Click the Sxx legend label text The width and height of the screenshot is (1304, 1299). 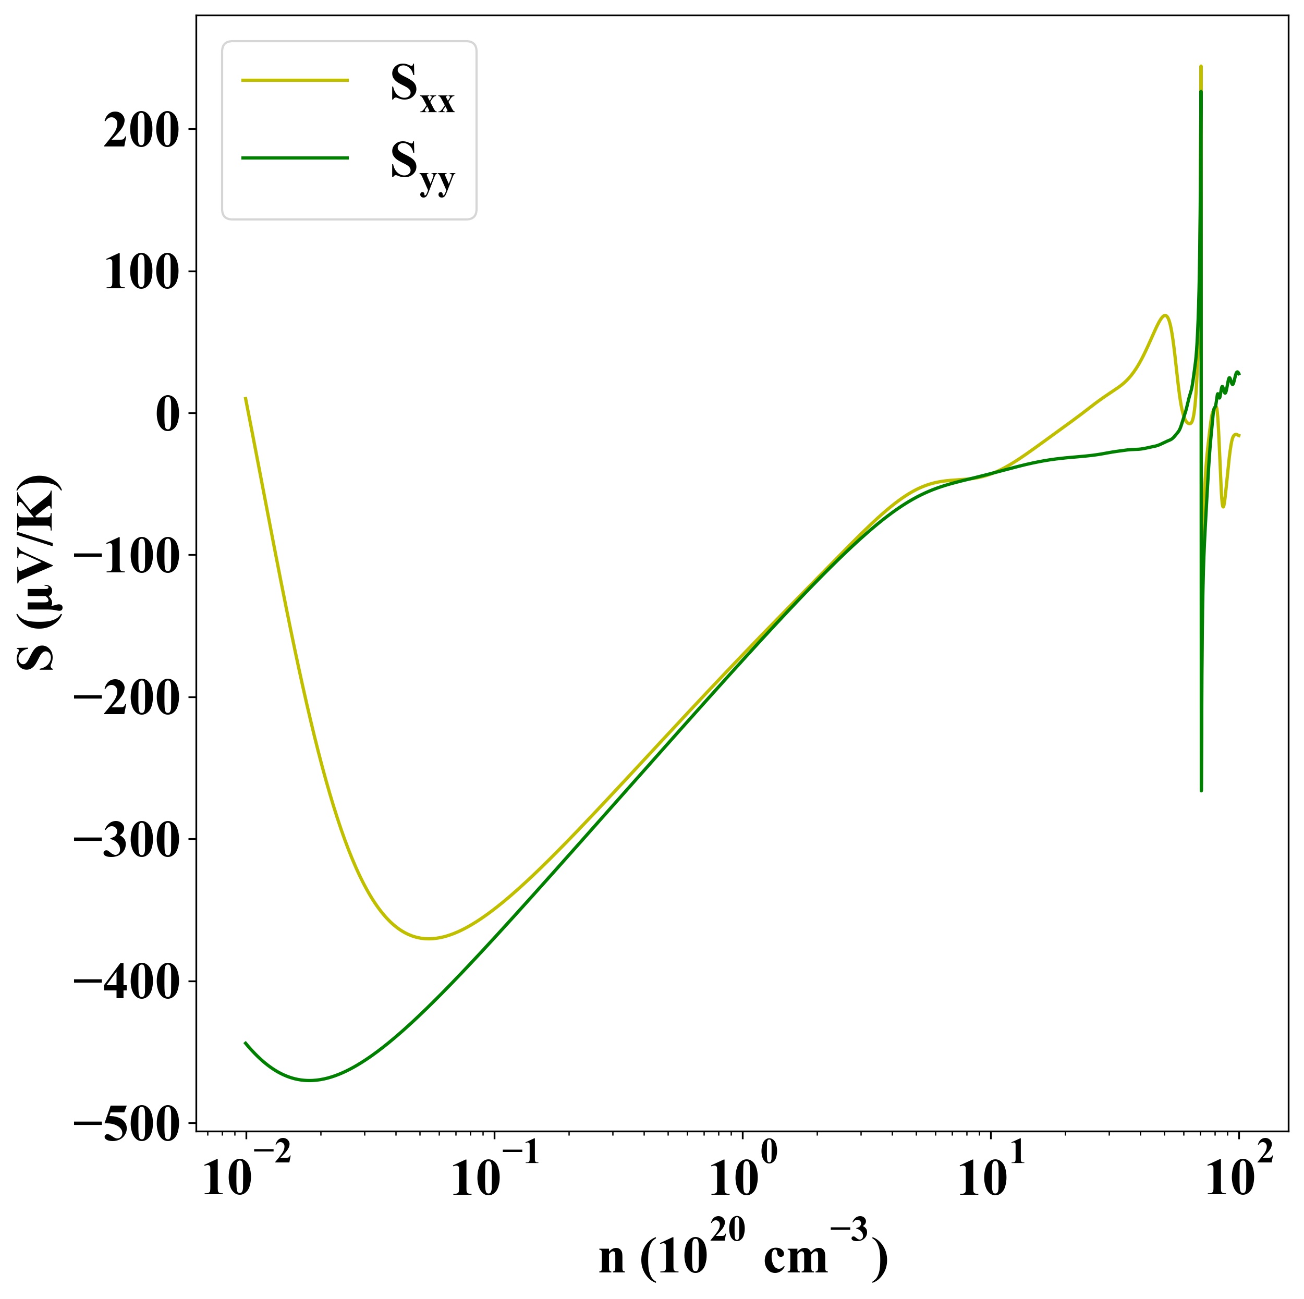(422, 90)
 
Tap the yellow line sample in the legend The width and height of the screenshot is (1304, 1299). (295, 80)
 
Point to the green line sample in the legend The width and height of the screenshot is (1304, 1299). (295, 158)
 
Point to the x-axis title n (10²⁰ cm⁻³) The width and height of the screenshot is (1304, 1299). (743, 1255)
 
